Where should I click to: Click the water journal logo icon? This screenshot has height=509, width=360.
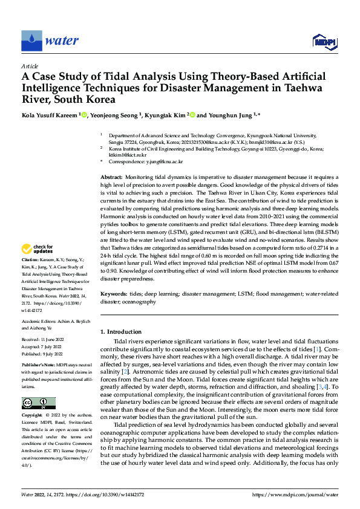[x=32, y=41]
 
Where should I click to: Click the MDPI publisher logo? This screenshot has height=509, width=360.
[x=324, y=41]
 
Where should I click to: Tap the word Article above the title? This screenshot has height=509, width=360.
[x=29, y=65]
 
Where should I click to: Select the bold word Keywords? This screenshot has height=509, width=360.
[x=114, y=293]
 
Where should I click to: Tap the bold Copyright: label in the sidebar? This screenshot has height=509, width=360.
[x=33, y=415]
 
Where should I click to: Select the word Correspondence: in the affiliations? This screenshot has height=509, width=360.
[x=125, y=162]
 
